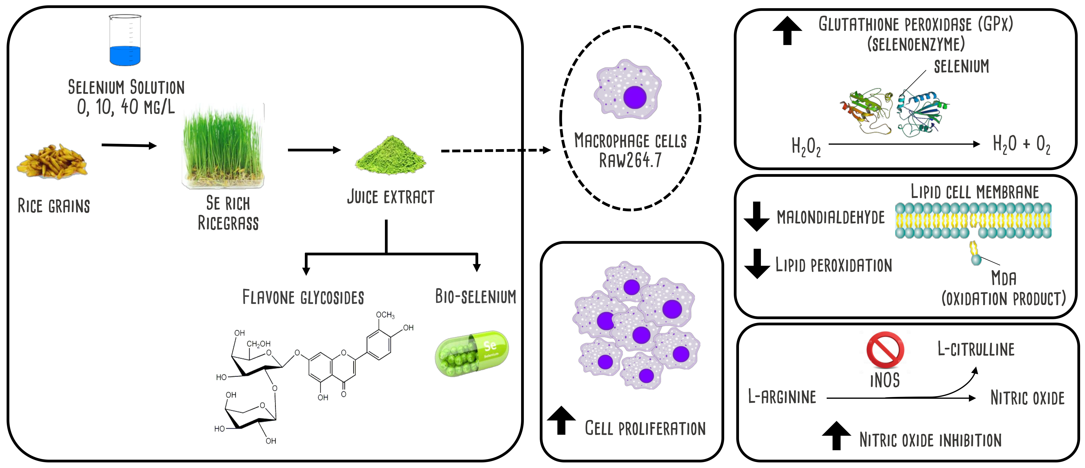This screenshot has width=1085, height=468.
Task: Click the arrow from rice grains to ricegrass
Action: click(129, 146)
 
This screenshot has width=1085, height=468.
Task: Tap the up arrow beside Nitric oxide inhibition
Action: click(836, 436)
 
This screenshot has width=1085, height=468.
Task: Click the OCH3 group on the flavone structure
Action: click(385, 315)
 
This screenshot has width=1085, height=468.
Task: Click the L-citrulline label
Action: click(975, 349)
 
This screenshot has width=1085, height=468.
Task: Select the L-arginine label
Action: click(782, 397)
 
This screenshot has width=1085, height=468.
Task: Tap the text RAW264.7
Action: click(630, 160)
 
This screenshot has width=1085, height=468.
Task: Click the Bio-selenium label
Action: click(475, 297)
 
